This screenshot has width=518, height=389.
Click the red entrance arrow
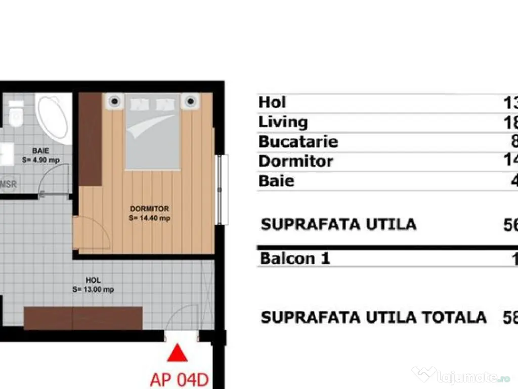click(177, 353)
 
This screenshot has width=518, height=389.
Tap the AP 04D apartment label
click(180, 379)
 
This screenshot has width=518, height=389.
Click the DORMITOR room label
click(149, 209)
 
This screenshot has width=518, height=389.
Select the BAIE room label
click(40, 151)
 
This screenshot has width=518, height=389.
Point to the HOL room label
click(93, 280)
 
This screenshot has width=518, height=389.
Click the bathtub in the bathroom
click(54, 118)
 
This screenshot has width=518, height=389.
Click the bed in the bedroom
click(153, 133)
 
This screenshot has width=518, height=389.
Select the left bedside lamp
click(115, 101)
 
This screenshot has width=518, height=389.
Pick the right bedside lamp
click(190, 101)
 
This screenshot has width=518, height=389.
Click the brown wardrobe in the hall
click(83, 318)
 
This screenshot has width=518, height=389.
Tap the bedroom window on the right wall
click(219, 189)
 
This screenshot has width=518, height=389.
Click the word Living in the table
click(283, 122)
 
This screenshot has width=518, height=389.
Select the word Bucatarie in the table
click(298, 141)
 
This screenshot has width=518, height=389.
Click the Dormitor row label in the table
click(295, 161)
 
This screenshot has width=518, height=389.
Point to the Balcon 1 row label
click(294, 258)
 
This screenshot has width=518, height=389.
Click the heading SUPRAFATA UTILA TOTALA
click(373, 318)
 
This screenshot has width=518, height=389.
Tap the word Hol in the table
click(272, 102)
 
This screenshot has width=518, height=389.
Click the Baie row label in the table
click(276, 181)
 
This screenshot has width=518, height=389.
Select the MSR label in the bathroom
click(8, 184)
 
